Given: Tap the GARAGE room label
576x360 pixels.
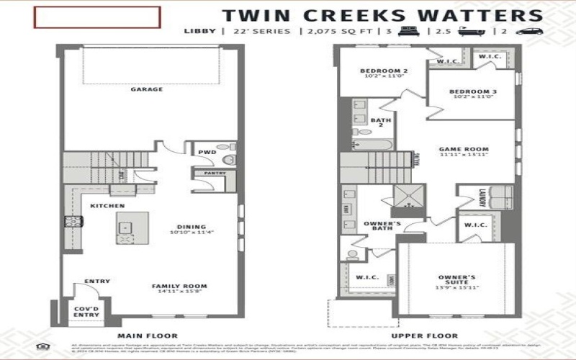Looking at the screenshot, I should [x=146, y=90].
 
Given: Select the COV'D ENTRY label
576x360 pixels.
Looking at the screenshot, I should [x=86, y=310].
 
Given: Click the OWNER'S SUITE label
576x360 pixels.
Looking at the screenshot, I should [x=457, y=282].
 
